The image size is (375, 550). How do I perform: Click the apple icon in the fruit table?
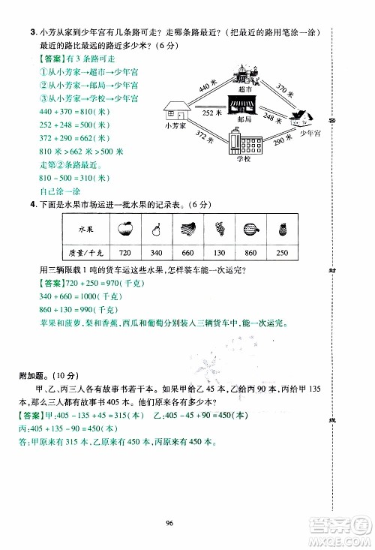pos(124,226)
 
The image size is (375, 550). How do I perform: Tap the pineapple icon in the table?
pos(282,226)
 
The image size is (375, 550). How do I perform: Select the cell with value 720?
pos(124,251)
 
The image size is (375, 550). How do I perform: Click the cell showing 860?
pos(250,251)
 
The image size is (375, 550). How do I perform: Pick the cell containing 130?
pos(219,251)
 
